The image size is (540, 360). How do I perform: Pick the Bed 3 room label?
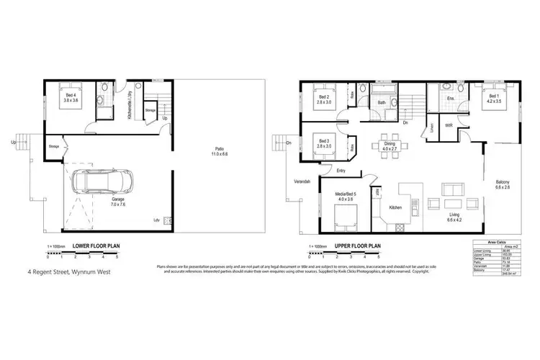323,143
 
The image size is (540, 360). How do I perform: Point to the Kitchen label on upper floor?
396,208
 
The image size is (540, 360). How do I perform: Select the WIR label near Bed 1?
449,125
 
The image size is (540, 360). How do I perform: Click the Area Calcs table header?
495,242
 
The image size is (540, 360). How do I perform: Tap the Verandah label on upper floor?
301,181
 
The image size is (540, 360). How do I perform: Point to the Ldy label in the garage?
156,220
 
